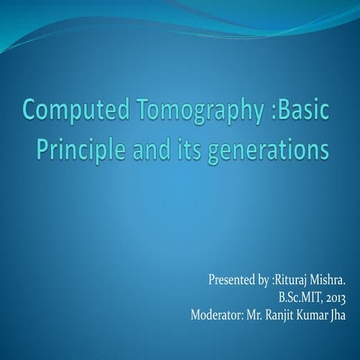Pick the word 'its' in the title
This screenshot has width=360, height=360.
coord(190,149)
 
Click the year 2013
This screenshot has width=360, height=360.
coord(337,298)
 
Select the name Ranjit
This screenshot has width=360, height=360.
coord(281,313)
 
